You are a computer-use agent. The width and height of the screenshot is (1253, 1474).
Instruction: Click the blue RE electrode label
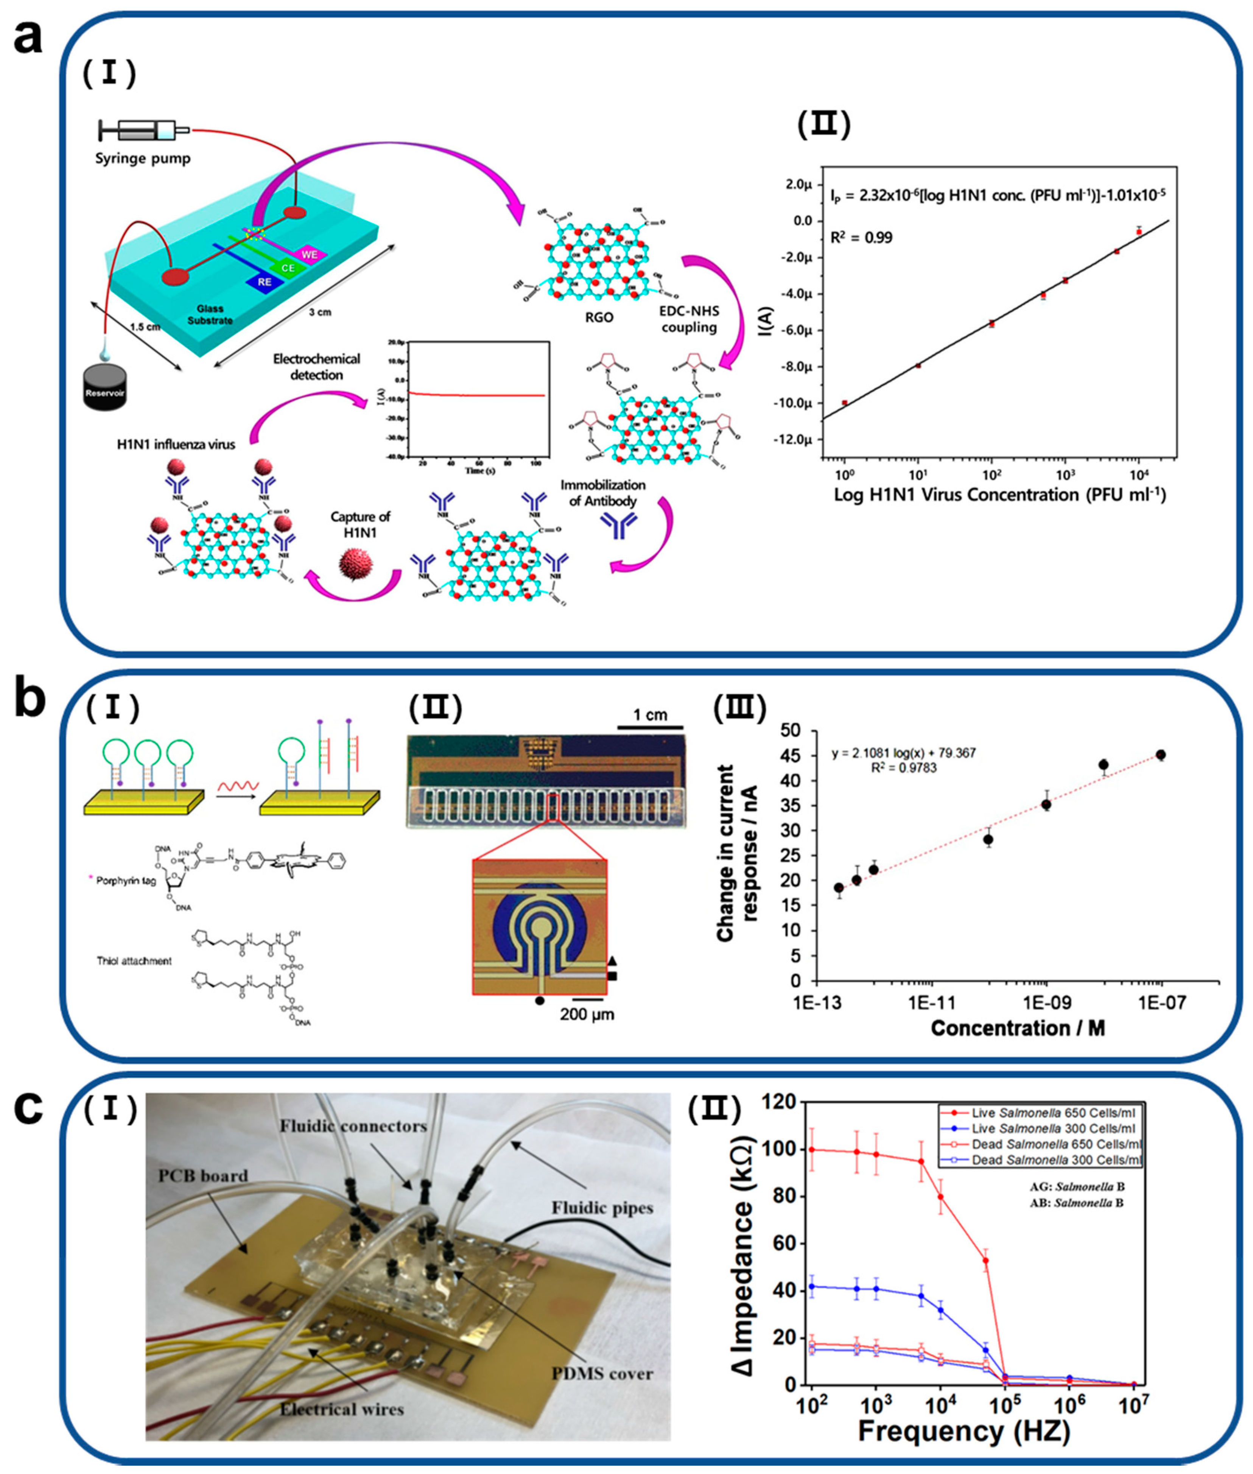click(264, 281)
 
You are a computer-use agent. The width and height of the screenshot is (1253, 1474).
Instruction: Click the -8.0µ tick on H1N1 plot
click(795, 367)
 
